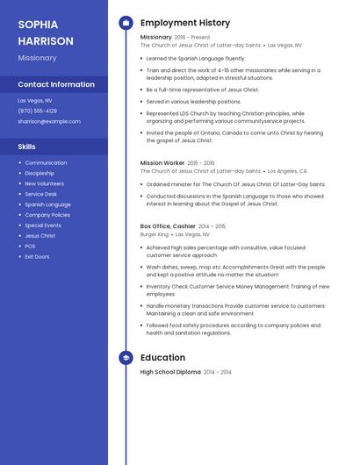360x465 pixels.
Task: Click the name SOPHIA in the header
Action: pos(38,24)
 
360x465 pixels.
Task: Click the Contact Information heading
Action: pos(56,84)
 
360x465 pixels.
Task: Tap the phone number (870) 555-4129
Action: pos(37,111)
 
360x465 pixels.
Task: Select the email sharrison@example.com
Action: pos(42,121)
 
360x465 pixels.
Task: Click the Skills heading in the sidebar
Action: pos(26,147)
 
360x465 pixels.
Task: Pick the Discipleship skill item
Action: pos(40,173)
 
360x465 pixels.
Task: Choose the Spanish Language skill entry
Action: pos(47,204)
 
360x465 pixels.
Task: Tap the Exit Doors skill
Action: pos(37,256)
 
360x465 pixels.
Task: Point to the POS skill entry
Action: pos(30,246)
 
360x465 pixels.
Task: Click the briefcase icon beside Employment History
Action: pos(126,23)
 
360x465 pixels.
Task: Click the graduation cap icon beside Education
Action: pos(126,357)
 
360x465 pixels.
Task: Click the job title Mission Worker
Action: pos(162,162)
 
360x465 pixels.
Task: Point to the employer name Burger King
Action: pos(154,234)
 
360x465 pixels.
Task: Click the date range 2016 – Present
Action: pos(192,37)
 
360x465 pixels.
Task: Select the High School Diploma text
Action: pos(170,372)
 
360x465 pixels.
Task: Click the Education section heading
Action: pos(162,357)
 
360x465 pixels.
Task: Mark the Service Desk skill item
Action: pos(40,194)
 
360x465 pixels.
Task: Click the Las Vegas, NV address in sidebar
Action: pos(34,100)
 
